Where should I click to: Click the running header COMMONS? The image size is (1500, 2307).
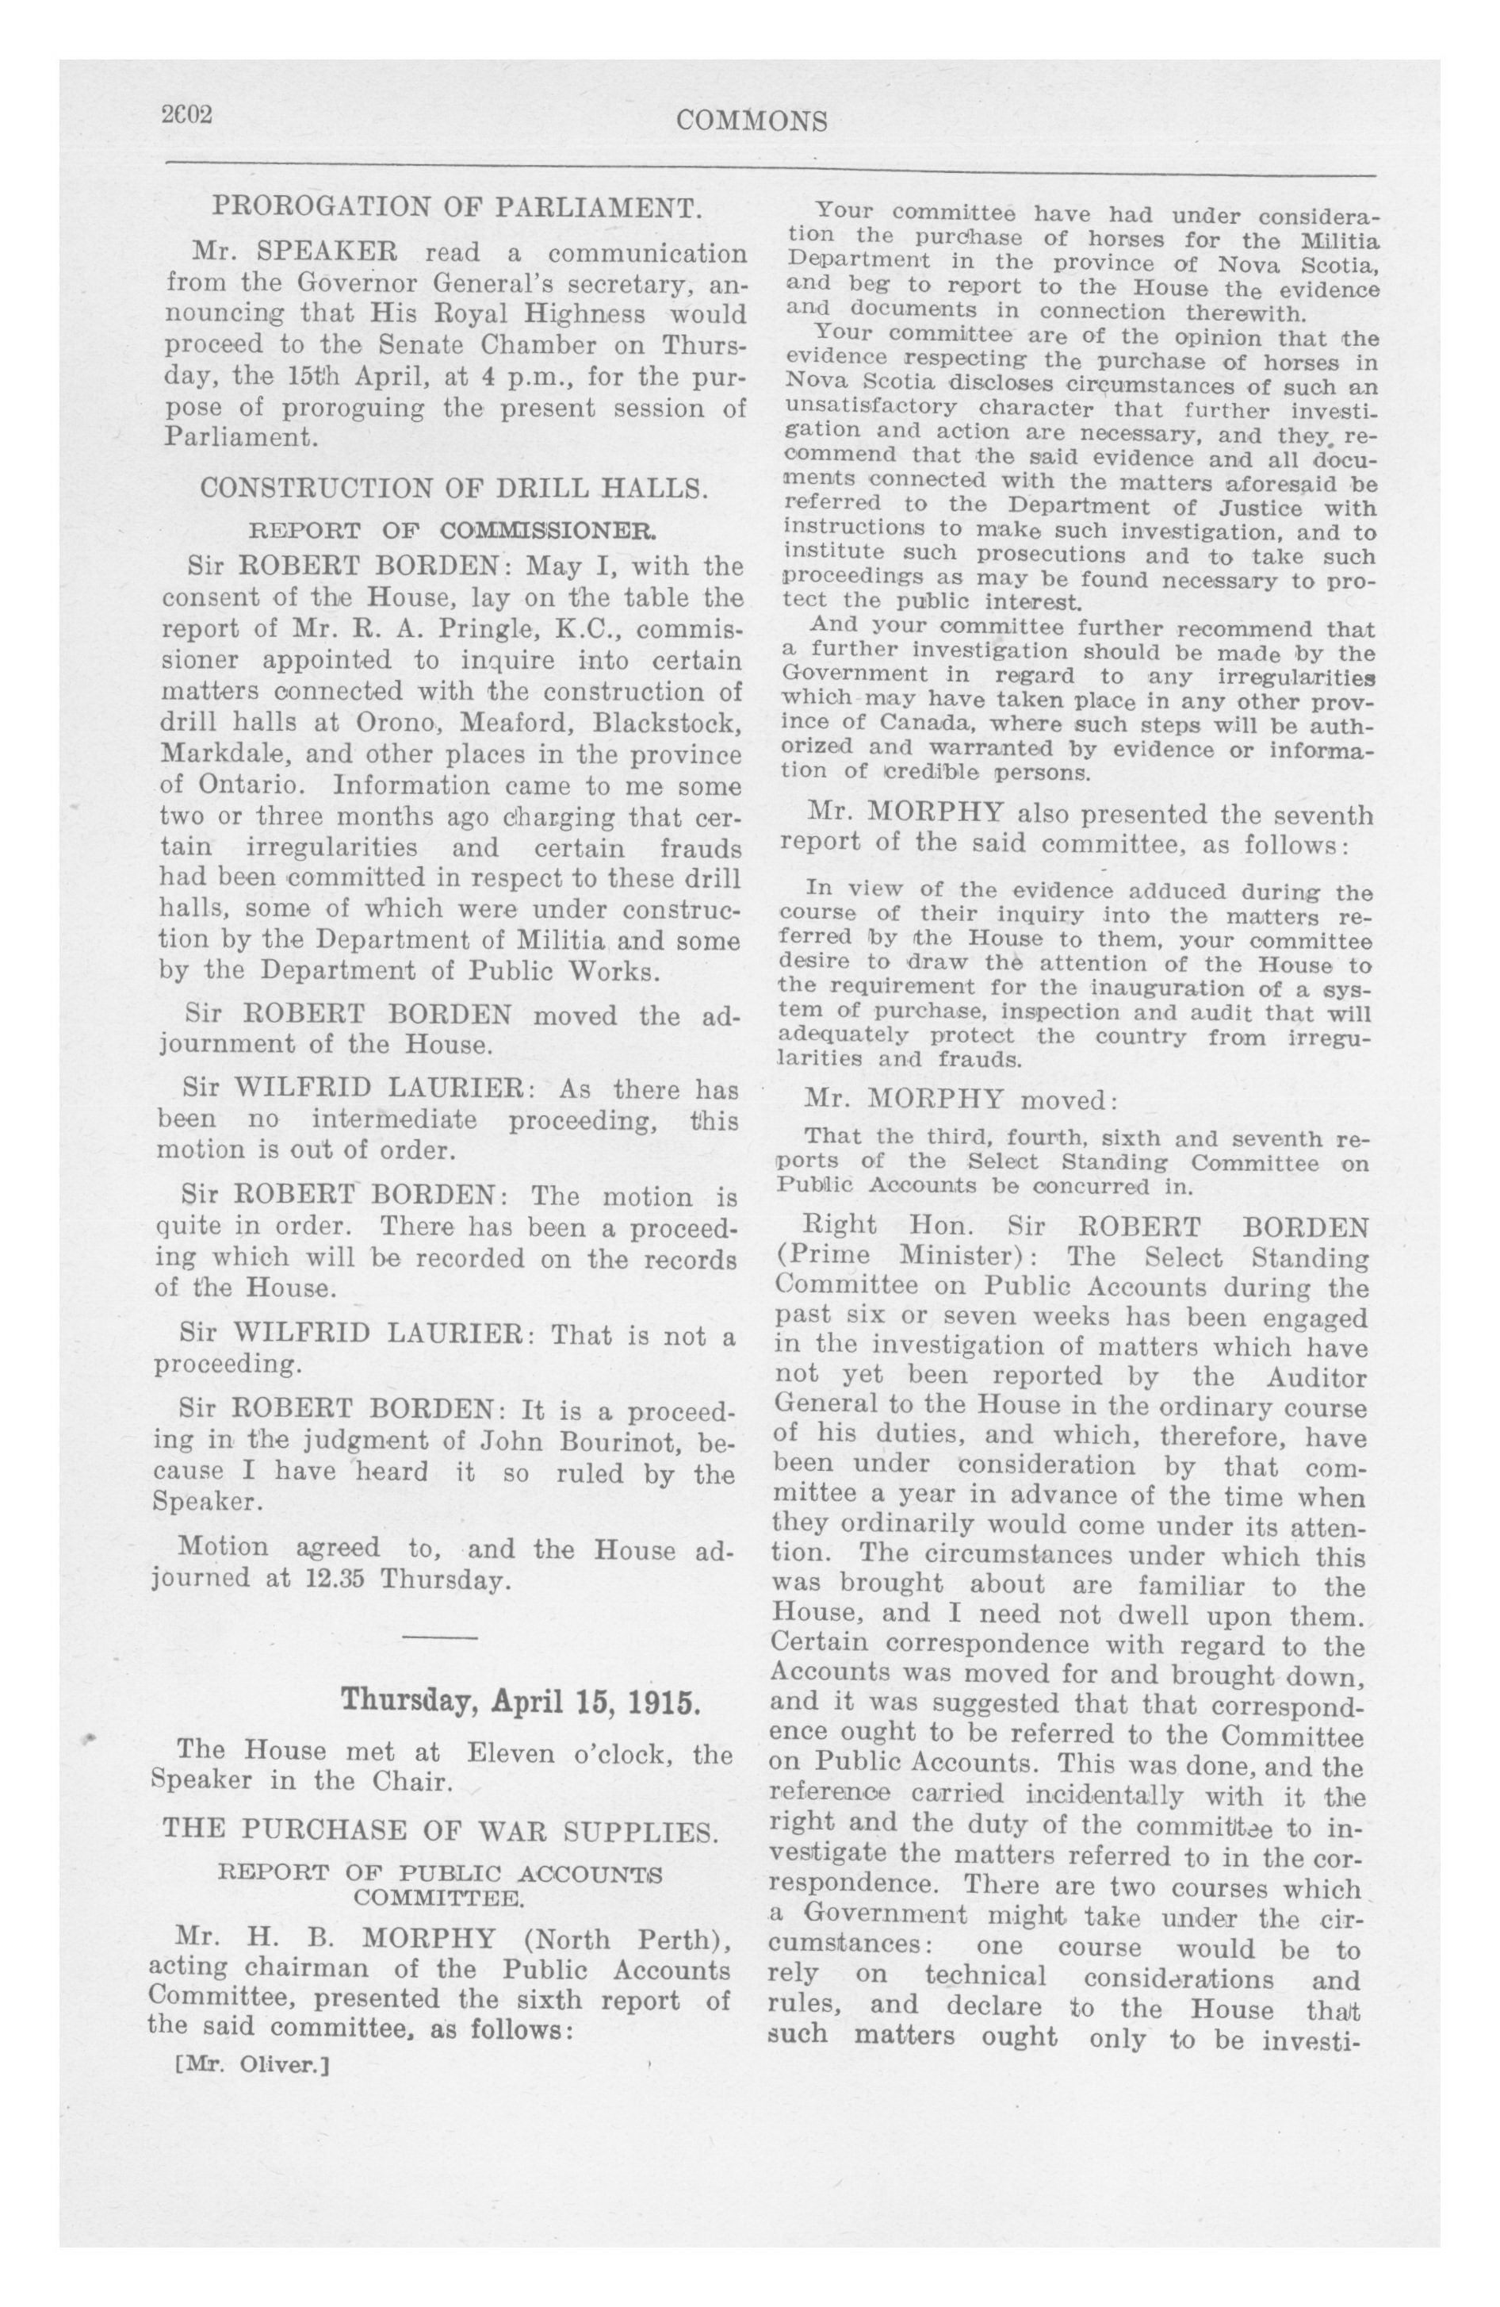(751, 121)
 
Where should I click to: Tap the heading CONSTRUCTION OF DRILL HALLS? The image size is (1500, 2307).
(453, 488)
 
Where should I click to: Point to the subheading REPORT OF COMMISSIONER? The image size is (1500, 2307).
(453, 532)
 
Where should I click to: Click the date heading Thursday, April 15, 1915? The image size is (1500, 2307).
(519, 1701)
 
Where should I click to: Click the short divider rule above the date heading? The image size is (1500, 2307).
(440, 1638)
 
